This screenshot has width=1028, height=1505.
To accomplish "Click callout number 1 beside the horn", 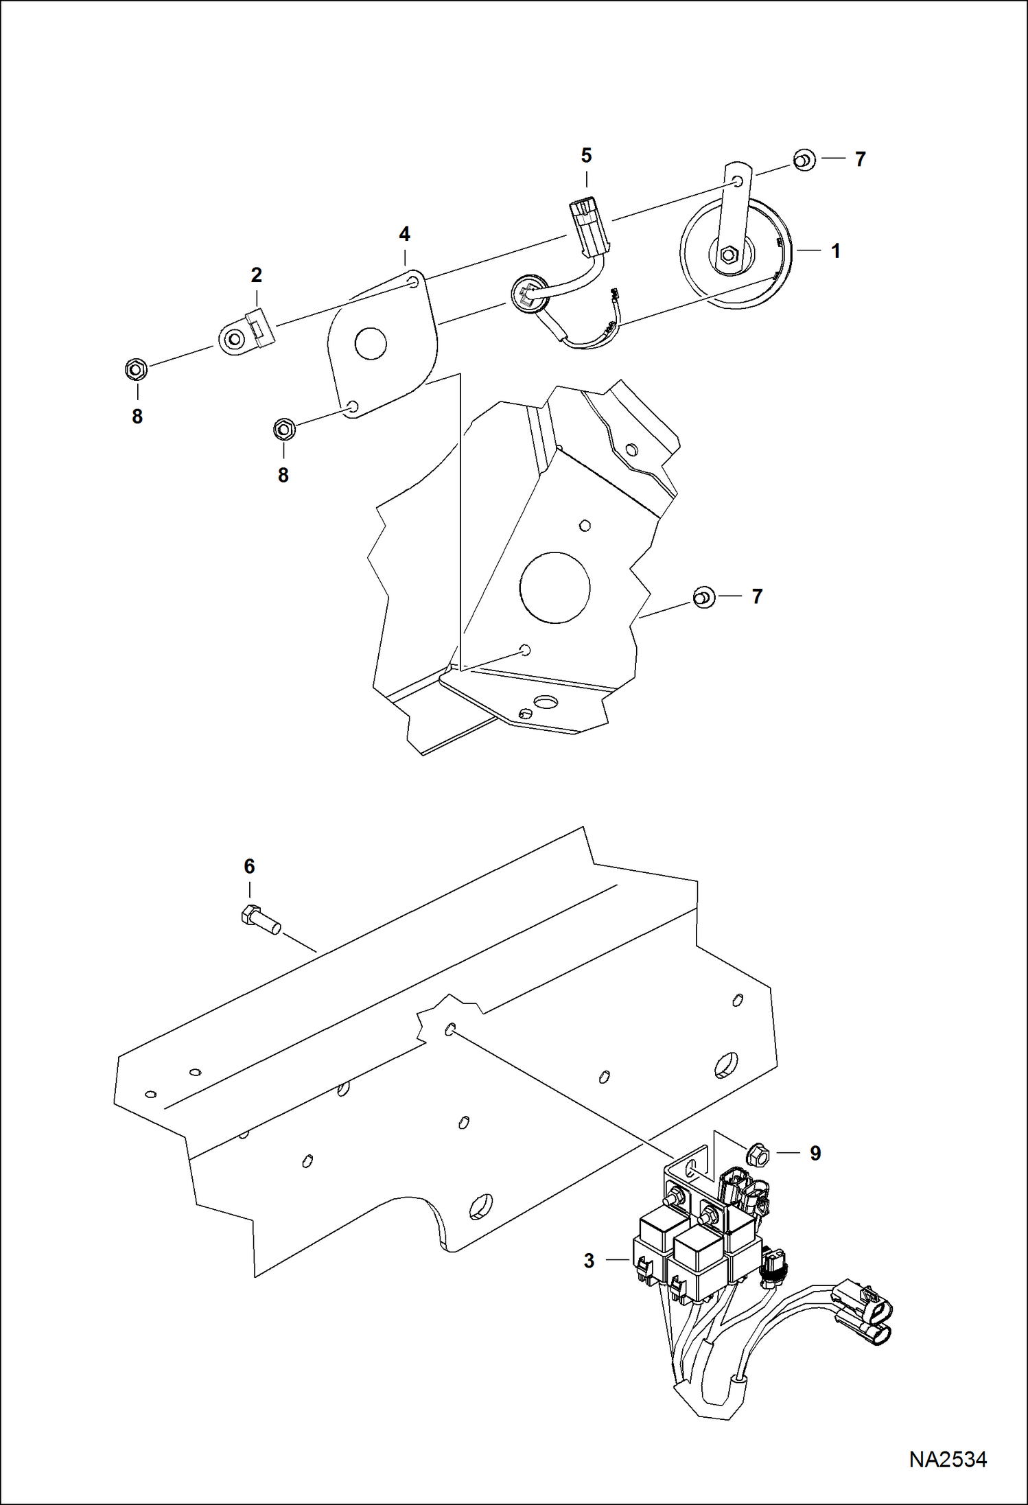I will [x=835, y=251].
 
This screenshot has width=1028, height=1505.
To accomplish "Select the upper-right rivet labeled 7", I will [x=804, y=160].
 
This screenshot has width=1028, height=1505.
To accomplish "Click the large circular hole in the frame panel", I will [x=554, y=588].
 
